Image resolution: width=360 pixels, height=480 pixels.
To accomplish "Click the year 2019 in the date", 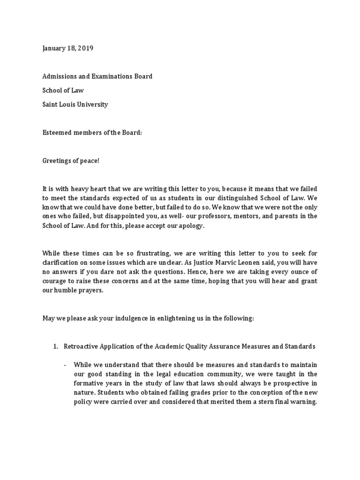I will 85,48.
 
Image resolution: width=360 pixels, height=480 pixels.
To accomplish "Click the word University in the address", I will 91,104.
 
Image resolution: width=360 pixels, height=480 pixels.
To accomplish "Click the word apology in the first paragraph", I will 192,225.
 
